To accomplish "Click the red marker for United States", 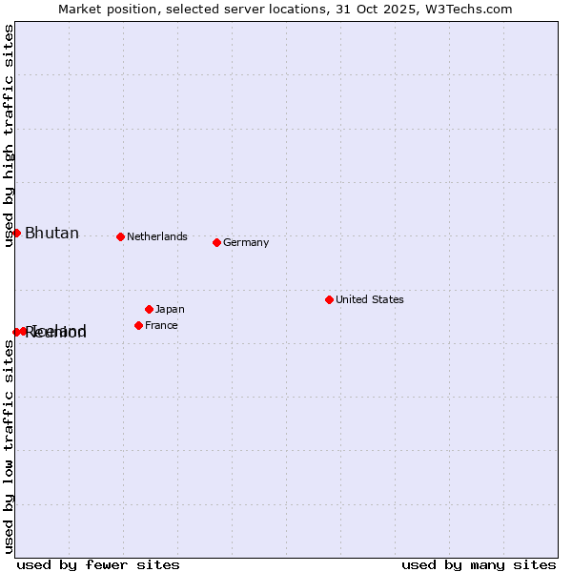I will click(x=329, y=299).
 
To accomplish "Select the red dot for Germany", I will click(x=216, y=242).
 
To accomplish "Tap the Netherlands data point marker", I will click(x=120, y=236).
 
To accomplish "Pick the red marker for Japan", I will click(x=149, y=309).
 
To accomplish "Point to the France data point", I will click(x=138, y=325).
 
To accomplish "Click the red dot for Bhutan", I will click(x=16, y=233).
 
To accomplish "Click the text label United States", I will click(x=369, y=299).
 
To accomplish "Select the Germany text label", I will click(x=246, y=242).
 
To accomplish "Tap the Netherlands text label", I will click(x=156, y=236).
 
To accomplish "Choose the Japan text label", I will click(x=170, y=309).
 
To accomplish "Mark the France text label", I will click(x=161, y=325).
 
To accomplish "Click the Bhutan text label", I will click(x=51, y=234).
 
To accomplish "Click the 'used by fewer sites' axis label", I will click(x=98, y=564).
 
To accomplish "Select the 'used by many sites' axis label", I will click(x=479, y=564).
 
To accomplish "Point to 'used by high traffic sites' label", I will click(x=10, y=135).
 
